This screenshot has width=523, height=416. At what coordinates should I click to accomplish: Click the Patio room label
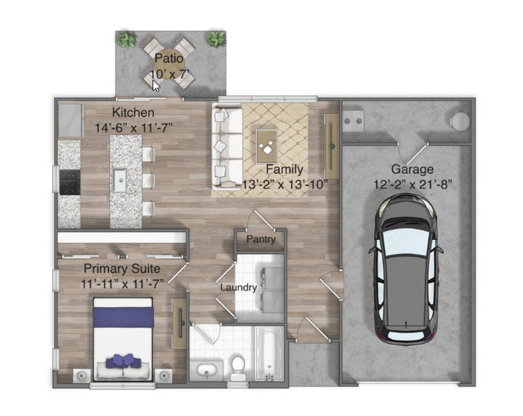169,58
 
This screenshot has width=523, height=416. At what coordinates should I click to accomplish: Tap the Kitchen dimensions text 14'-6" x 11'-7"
133,128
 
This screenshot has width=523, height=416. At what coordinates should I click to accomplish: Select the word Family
285,170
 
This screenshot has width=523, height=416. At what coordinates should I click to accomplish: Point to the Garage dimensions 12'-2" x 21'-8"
413,184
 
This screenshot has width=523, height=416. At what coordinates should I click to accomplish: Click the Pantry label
261,239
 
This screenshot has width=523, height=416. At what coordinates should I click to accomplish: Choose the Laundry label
238,287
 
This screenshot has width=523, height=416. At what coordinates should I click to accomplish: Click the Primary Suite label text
122,269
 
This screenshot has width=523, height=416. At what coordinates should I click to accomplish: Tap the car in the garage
406,269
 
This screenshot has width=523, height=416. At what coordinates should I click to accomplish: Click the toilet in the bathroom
238,369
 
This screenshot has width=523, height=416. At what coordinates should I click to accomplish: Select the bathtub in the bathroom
269,354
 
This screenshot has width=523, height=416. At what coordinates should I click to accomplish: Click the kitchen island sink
119,180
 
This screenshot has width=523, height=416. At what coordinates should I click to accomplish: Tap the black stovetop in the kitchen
70,182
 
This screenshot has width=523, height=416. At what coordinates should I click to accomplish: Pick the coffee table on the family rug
267,147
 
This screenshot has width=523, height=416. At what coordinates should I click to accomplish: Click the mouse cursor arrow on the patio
156,86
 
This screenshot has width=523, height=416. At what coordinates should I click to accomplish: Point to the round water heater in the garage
461,120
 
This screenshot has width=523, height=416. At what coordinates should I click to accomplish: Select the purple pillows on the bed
124,361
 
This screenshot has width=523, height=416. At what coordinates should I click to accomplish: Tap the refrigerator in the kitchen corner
70,120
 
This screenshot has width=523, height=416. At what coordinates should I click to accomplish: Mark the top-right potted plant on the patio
216,39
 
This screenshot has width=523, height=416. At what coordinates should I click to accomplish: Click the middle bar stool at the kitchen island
149,181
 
